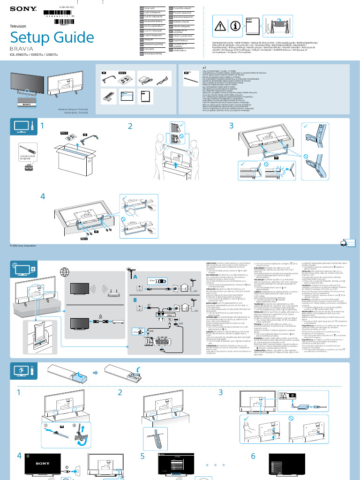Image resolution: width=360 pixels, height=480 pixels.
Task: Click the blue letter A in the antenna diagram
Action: (x=135, y=277)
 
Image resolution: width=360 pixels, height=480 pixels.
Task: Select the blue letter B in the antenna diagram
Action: (x=135, y=299)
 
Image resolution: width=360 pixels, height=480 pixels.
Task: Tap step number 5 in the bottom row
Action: (x=142, y=456)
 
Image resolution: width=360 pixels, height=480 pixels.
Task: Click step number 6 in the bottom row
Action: (x=253, y=456)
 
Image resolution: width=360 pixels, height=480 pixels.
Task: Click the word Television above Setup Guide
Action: (x=18, y=27)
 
